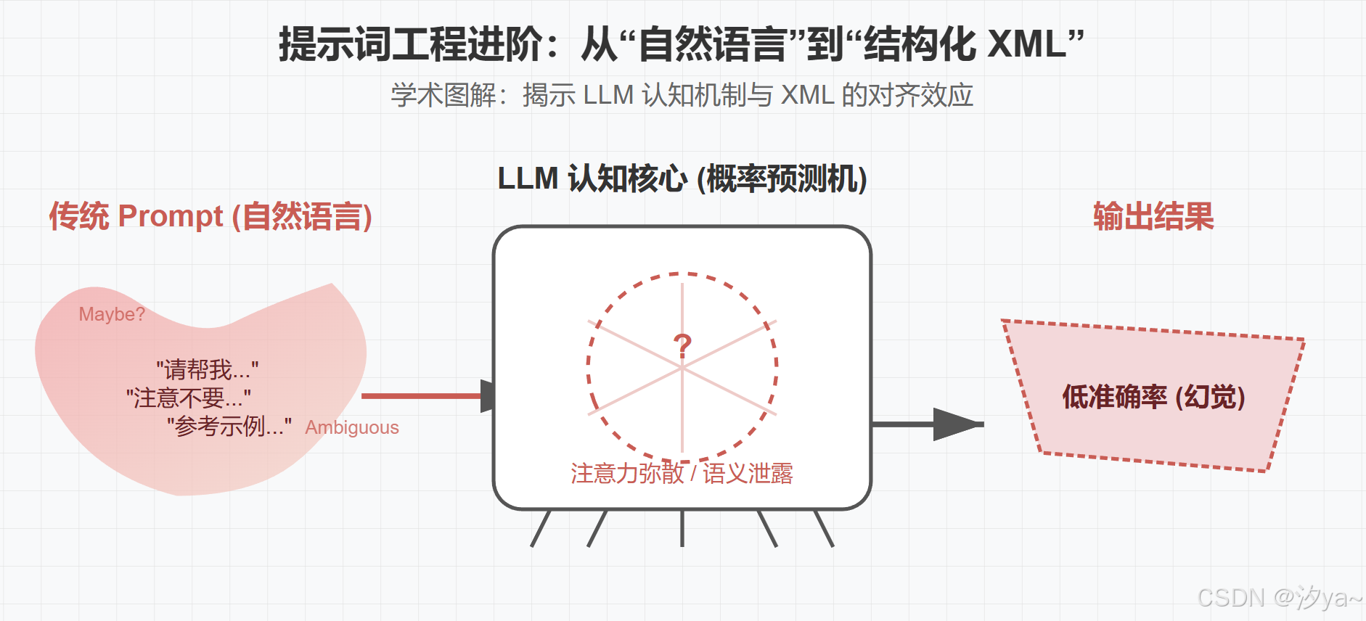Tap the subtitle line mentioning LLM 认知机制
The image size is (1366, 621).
pos(682,95)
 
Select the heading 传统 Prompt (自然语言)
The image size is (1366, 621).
pos(210,216)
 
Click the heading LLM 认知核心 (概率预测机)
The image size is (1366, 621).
pos(682,178)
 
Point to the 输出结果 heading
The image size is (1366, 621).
pos(1153,216)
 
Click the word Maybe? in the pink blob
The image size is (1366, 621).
pos(112,314)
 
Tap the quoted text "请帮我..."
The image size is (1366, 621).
pos(207,370)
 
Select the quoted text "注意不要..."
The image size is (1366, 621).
pos(189,398)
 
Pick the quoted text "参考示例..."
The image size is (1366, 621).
pos(229,426)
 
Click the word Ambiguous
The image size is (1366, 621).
pos(352,427)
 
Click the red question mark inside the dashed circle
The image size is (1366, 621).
pos(682,346)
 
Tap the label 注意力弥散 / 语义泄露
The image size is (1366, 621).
pos(682,473)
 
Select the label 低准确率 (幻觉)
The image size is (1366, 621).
pos(1153,397)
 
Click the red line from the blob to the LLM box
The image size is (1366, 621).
pos(421,396)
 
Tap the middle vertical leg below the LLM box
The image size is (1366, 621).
pos(682,528)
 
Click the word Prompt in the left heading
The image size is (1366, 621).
pos(171,216)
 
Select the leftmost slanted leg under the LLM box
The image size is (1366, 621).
pos(541,528)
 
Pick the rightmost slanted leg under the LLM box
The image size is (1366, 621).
pos(824,528)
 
